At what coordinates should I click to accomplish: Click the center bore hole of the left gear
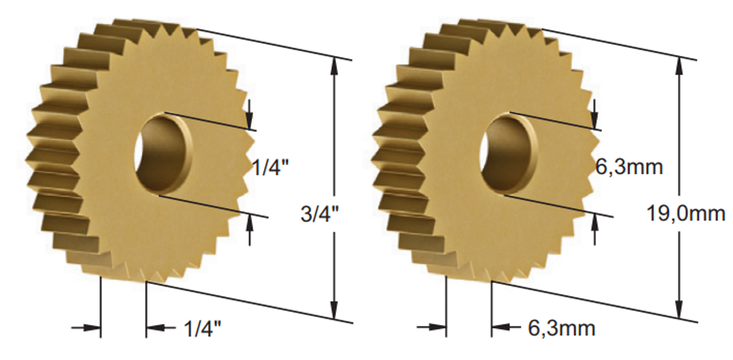161,154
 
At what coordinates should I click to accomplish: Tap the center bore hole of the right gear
507,154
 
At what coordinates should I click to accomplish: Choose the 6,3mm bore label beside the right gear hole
629,167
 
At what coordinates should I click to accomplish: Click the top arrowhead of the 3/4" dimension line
334,64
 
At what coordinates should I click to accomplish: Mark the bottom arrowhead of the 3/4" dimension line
334,311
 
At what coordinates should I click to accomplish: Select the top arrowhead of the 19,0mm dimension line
679,64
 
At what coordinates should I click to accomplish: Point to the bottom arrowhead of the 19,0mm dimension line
679,311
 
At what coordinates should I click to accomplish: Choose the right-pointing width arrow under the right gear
438,328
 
